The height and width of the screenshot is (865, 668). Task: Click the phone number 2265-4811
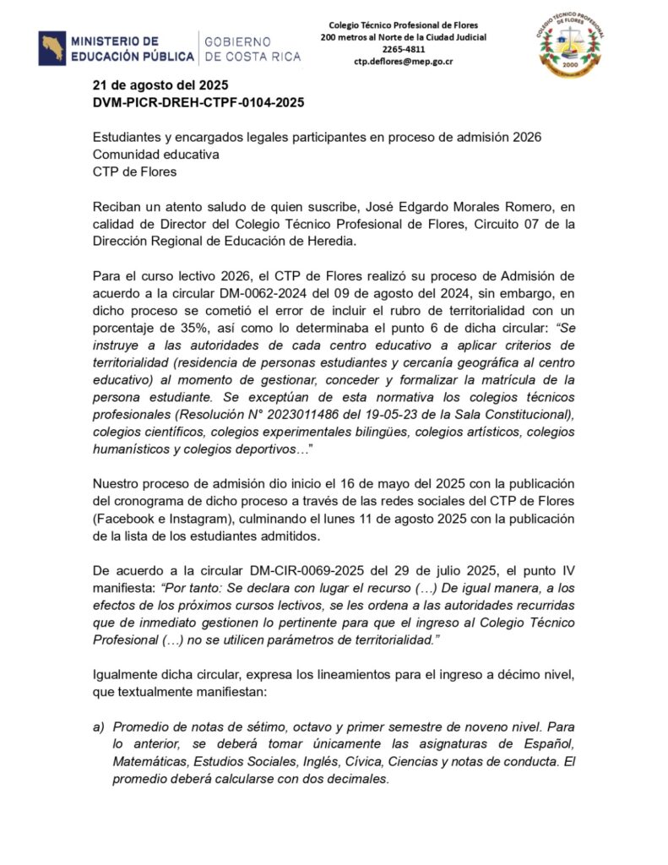(403, 50)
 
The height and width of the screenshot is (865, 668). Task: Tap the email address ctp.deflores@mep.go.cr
(403, 62)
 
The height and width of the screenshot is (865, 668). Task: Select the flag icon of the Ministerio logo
(52, 48)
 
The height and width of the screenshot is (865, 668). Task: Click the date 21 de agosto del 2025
(160, 85)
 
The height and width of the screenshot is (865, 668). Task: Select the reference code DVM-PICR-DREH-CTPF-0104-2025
(198, 102)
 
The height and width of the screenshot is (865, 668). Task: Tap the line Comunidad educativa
(155, 155)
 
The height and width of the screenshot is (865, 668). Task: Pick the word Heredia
(310, 242)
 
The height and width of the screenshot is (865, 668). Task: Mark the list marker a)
(98, 727)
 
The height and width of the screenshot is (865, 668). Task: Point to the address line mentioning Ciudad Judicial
(403, 37)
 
